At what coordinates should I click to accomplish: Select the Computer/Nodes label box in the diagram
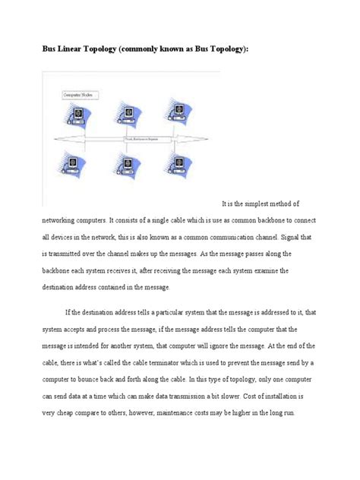(x=76, y=96)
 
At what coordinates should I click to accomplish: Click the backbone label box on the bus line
(x=146, y=139)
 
